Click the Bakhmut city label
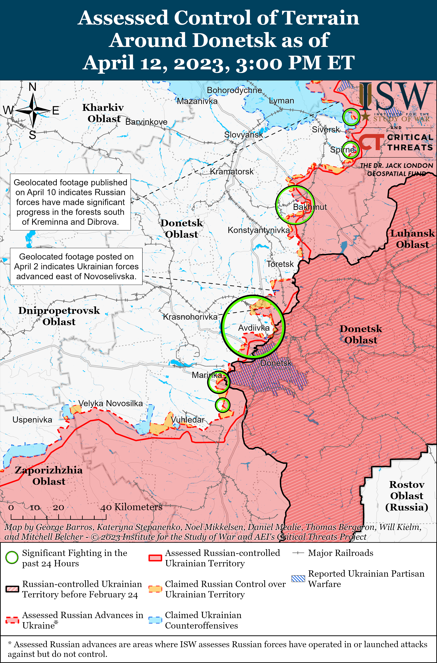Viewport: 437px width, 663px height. (x=310, y=207)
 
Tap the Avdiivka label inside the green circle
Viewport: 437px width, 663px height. (x=254, y=328)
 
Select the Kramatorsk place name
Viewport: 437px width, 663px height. (x=232, y=172)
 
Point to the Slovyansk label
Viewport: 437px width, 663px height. (x=244, y=135)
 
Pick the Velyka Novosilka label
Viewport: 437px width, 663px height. (x=110, y=403)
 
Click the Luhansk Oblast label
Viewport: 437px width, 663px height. (x=412, y=239)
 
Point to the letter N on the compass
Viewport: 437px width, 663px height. (x=33, y=87)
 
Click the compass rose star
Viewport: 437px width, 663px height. (x=33, y=111)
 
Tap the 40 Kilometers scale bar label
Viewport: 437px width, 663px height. (x=131, y=507)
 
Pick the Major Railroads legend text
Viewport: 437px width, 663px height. (x=340, y=553)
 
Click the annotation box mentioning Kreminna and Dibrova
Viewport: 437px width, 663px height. (x=70, y=202)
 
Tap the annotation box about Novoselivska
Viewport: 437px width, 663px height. (x=76, y=266)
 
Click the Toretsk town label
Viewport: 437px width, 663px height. (x=280, y=264)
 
